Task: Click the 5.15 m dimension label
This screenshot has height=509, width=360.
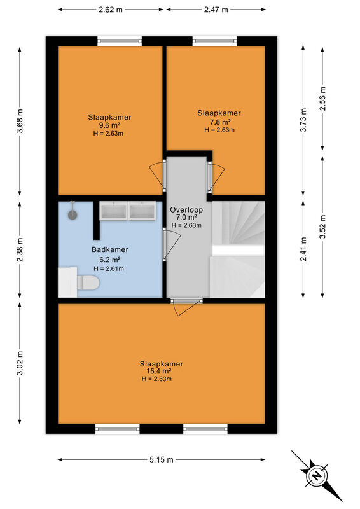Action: [162, 459]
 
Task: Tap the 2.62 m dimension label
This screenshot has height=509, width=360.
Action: [111, 10]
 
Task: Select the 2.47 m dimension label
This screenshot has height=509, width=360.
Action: [216, 10]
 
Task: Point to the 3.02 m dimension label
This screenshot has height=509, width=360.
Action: [20, 363]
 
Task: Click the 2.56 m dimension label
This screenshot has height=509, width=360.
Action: [322, 99]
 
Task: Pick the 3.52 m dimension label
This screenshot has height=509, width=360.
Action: [322, 227]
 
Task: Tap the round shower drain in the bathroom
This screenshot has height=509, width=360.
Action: [73, 214]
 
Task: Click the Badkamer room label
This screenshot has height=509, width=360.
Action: [110, 249]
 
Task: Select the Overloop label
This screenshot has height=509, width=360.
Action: [186, 210]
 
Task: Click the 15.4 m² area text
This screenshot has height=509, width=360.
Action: [158, 371]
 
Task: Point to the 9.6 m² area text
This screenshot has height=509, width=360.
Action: [109, 125]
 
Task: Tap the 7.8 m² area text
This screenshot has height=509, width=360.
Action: [219, 122]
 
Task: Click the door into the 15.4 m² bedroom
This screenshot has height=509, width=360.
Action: [186, 307]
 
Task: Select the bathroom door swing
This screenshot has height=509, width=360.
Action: [171, 244]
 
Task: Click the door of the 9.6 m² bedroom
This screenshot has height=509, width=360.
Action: [157, 176]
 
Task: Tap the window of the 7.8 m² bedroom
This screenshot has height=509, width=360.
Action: [214, 41]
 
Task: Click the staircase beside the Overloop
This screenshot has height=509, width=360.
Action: [238, 249]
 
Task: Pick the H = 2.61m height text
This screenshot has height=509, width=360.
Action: [109, 268]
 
